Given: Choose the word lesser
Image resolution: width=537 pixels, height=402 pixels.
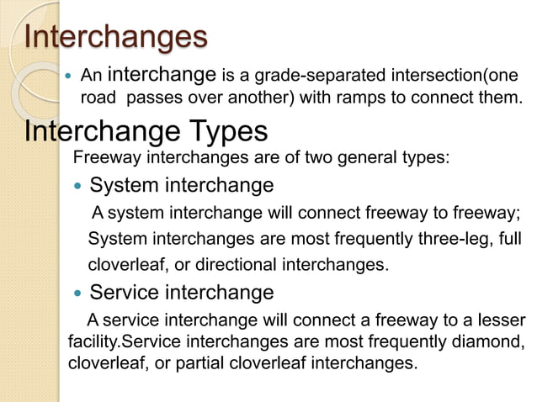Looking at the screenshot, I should pos(500,320).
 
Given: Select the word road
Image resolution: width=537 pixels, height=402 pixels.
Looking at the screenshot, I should pos(96,98).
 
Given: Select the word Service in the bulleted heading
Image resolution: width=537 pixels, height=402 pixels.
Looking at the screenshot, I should pos(123,293).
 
